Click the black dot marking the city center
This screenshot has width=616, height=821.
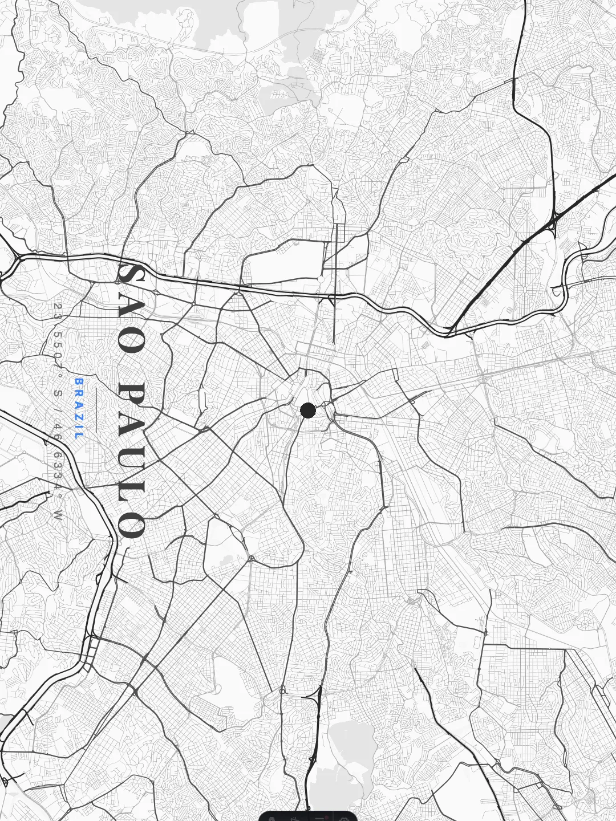308,410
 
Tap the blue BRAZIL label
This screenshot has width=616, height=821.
79,408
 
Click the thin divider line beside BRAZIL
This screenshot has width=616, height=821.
96,410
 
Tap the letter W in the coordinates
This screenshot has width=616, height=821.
57,517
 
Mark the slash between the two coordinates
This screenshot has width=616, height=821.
57,409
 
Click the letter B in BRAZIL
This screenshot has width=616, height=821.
79,381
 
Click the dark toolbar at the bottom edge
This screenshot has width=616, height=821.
308,816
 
